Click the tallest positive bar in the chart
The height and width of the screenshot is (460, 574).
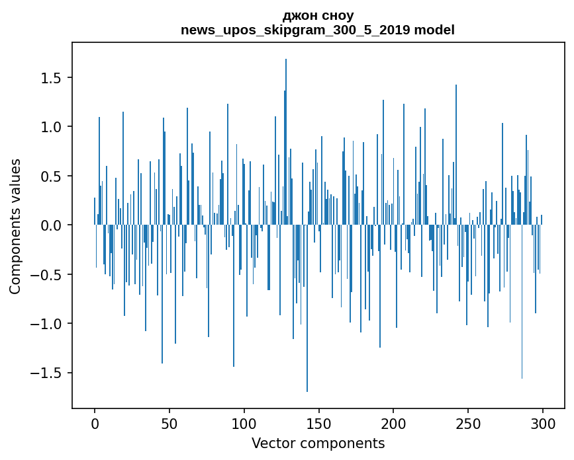click(286, 141)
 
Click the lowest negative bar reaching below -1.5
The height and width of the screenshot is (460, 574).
click(307, 309)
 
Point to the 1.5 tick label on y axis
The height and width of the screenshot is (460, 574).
click(51, 78)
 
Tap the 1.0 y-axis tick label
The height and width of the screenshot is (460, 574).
click(51, 127)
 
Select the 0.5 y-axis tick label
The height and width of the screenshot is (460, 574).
click(51, 176)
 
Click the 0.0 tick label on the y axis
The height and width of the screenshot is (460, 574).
click(51, 225)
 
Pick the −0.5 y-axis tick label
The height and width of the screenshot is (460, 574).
click(46, 275)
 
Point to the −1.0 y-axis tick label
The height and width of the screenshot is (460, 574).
click(46, 324)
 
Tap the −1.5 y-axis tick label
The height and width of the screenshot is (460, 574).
click(46, 373)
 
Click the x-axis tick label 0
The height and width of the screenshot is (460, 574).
click(95, 424)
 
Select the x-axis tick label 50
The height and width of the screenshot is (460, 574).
click(169, 424)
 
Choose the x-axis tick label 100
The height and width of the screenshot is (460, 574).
click(244, 424)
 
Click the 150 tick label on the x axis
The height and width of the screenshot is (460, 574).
click(318, 424)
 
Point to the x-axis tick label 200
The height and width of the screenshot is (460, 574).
click(393, 424)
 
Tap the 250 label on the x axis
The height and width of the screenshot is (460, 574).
click(468, 424)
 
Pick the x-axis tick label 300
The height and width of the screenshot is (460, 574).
click(542, 424)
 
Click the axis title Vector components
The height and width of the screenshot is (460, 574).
click(318, 443)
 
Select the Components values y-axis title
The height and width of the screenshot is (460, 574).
click(15, 227)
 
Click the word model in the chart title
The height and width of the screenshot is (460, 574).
click(434, 30)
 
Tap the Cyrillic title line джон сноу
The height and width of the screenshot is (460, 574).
click(318, 16)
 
